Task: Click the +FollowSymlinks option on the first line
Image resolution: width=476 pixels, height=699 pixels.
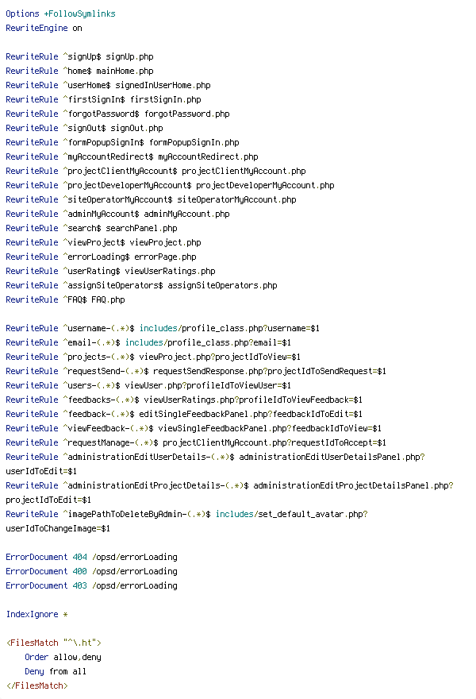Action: (79, 14)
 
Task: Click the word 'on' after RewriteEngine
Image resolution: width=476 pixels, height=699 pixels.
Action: (77, 28)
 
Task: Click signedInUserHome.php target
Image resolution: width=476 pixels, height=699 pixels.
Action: (163, 85)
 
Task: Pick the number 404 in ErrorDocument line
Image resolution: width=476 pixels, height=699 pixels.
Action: (79, 557)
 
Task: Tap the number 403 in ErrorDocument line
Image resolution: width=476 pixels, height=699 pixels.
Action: (79, 585)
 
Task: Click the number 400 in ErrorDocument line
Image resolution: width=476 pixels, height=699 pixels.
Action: (79, 571)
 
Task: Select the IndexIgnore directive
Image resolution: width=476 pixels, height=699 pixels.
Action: (32, 614)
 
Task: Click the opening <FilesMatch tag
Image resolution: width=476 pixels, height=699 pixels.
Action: (32, 643)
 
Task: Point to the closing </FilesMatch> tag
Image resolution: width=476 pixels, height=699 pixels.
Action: (37, 685)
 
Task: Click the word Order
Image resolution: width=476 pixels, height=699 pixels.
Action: (36, 657)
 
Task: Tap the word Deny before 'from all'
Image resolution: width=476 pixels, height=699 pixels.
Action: (34, 671)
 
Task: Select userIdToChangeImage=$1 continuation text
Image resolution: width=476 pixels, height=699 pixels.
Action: (58, 528)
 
